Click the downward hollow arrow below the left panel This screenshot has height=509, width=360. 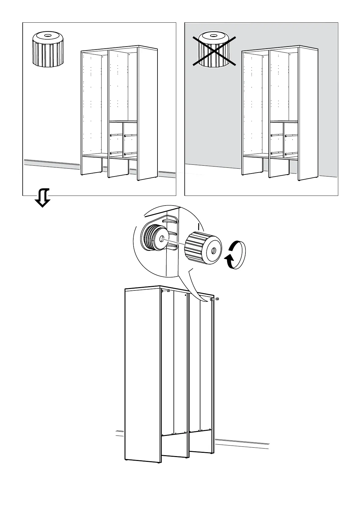coord(42,198)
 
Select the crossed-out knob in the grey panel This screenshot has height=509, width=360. coord(214,50)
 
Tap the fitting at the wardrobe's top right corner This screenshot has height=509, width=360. coord(214,299)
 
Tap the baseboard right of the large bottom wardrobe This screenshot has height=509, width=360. coord(242,443)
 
